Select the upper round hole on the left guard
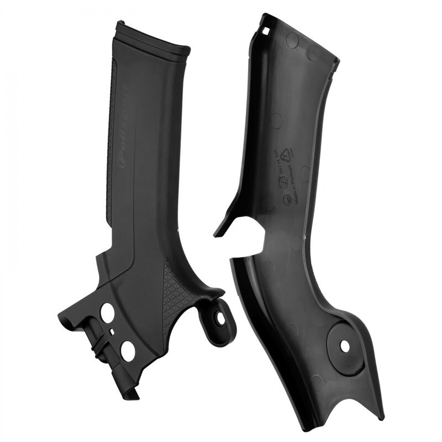[107, 313]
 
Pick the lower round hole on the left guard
[128, 351]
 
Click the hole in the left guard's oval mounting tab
[220, 319]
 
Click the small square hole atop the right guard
[267, 31]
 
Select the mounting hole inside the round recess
[345, 346]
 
